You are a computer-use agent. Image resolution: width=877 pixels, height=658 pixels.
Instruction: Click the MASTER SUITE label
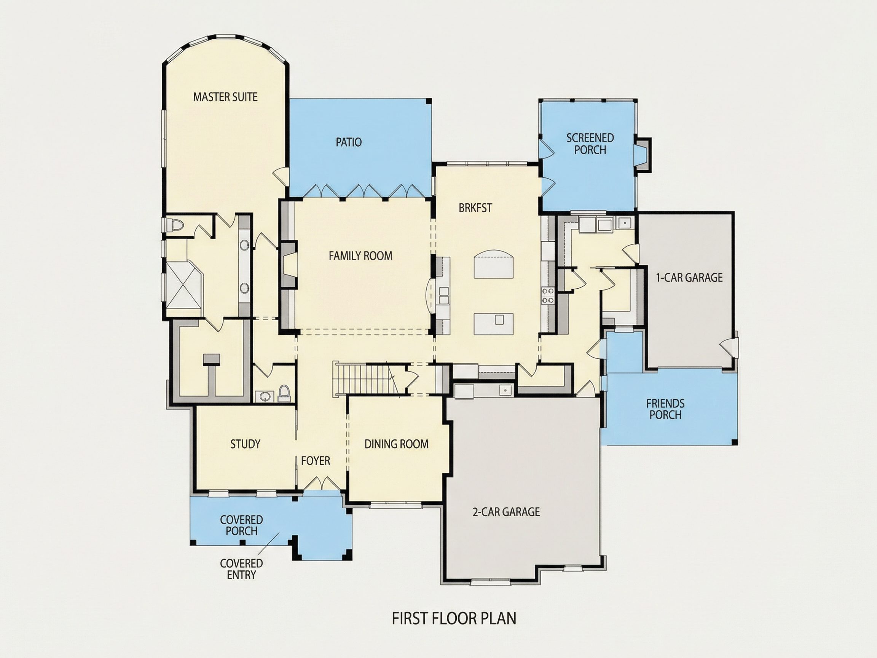pos(225,97)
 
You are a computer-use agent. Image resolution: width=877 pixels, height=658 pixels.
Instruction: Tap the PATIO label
pos(349,142)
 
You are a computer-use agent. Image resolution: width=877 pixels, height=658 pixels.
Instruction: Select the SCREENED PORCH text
pos(590,144)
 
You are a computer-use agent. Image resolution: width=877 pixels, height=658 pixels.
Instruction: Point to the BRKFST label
pos(475,208)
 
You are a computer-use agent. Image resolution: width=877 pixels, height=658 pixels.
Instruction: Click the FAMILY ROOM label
pos(360,256)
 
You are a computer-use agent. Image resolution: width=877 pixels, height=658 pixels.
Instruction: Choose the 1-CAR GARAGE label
pos(689,278)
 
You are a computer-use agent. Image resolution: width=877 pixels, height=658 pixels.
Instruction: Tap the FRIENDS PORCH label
pos(665,409)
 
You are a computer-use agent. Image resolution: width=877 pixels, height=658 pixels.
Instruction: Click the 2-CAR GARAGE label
pos(506,512)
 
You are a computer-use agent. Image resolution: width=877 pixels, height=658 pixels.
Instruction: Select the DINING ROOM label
pos(397,444)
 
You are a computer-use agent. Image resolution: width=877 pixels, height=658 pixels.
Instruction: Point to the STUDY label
pos(246,444)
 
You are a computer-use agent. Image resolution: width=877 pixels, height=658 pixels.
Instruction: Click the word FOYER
pos(316,461)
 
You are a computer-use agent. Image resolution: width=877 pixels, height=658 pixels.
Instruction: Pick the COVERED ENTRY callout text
pos(241,569)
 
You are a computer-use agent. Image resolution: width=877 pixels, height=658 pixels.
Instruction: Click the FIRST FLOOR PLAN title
pos(454,619)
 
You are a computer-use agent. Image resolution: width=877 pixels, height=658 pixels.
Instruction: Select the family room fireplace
pos(289,265)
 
